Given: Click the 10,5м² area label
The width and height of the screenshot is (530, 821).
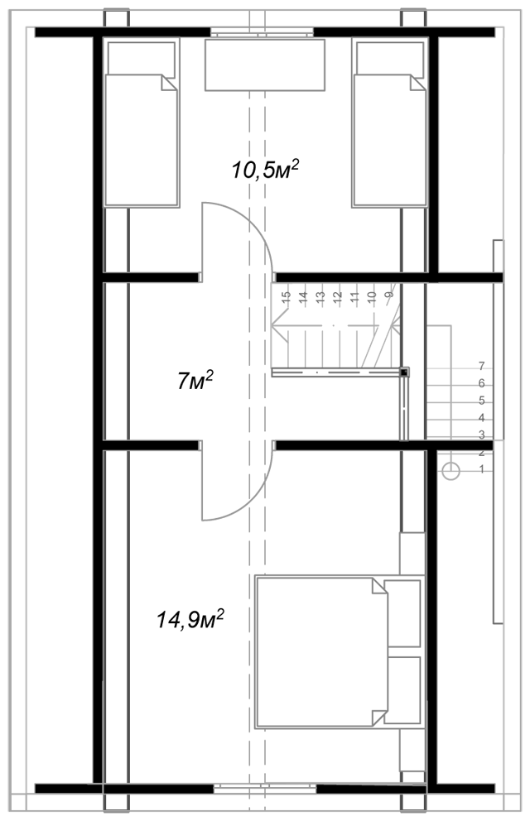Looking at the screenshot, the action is [266, 169].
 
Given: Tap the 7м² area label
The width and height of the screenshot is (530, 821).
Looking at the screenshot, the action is [195, 380].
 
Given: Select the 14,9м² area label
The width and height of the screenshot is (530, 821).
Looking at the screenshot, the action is [190, 619].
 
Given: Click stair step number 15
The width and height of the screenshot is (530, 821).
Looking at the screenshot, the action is [286, 296].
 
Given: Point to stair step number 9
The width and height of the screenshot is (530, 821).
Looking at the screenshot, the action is [389, 295].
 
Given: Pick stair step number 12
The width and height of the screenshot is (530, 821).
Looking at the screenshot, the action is [337, 296].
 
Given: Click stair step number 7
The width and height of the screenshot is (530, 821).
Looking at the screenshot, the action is [482, 366].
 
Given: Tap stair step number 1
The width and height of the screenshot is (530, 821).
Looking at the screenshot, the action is [482, 469].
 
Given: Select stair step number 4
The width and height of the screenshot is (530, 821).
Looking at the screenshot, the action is [482, 418].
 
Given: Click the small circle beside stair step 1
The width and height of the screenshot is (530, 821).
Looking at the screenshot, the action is [451, 471].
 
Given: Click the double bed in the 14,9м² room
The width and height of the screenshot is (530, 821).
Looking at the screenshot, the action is [340, 652].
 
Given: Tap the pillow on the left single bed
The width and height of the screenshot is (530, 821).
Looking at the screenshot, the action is [142, 59].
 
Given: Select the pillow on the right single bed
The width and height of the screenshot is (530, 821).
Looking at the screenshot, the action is [390, 59].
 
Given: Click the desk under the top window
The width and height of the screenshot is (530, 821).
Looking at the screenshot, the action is [264, 65].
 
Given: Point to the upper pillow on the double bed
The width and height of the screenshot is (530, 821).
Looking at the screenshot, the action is [402, 613].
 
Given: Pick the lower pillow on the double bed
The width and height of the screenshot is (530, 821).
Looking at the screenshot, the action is [404, 690].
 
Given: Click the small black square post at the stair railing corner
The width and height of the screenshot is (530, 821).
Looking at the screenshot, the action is [404, 372].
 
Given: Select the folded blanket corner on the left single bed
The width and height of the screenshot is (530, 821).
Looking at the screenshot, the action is [169, 84].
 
